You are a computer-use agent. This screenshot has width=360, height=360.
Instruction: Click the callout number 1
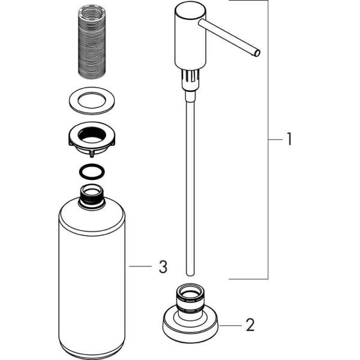289,140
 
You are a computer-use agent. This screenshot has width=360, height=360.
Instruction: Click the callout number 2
250,325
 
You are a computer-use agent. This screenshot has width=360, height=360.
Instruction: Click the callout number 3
163,267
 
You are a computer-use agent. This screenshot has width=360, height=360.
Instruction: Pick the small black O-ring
91,172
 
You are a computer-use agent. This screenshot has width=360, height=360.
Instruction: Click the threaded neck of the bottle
92,197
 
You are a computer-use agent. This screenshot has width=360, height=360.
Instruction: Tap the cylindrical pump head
190,36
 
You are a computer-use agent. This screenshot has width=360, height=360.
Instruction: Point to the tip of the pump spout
257,53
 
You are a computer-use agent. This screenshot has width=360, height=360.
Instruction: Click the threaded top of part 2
190,299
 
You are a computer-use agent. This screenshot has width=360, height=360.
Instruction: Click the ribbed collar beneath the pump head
190,78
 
